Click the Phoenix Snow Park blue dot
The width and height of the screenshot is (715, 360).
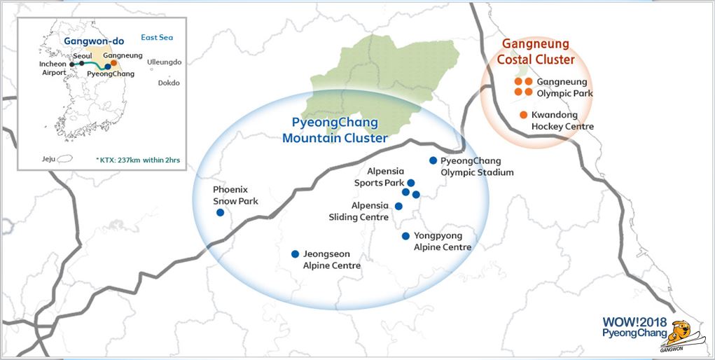[220, 212]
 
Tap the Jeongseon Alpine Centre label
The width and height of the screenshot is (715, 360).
[331, 260]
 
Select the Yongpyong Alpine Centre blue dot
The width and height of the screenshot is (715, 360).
[405, 236]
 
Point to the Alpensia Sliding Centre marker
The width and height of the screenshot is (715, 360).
[398, 206]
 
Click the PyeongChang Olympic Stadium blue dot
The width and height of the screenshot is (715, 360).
[433, 160]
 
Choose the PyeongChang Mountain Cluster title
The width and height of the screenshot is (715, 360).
[335, 130]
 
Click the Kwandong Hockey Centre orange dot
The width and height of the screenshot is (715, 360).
[523, 115]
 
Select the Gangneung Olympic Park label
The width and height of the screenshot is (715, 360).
[564, 88]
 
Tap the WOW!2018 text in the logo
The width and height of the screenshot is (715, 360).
[634, 322]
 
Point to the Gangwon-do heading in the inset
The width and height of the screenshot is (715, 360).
[90, 41]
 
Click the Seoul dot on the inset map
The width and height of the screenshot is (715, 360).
[81, 63]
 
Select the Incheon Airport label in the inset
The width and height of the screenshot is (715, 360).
[53, 69]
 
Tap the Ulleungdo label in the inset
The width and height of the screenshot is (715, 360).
[165, 62]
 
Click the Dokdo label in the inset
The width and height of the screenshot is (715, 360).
[169, 83]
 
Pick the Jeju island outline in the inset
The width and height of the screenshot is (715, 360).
[66, 160]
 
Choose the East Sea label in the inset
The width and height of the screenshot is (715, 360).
[156, 38]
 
